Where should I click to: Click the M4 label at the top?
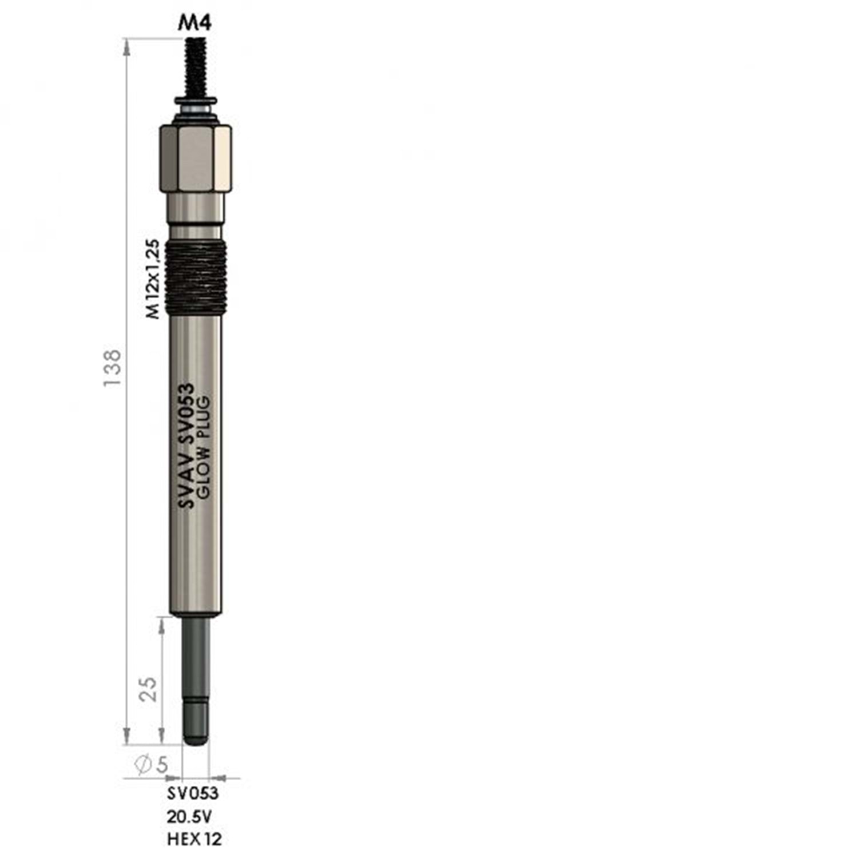pyautogui.click(x=195, y=23)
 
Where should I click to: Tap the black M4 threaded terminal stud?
pyautogui.click(x=195, y=67)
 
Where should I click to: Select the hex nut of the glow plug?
pyautogui.click(x=196, y=158)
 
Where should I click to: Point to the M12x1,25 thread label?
pyautogui.click(x=152, y=279)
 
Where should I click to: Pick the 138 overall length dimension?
pyautogui.click(x=113, y=367)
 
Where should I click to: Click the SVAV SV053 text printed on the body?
pyautogui.click(x=185, y=446)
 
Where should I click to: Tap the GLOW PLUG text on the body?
pyautogui.click(x=204, y=446)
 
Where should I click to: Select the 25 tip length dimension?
pyautogui.click(x=148, y=689)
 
